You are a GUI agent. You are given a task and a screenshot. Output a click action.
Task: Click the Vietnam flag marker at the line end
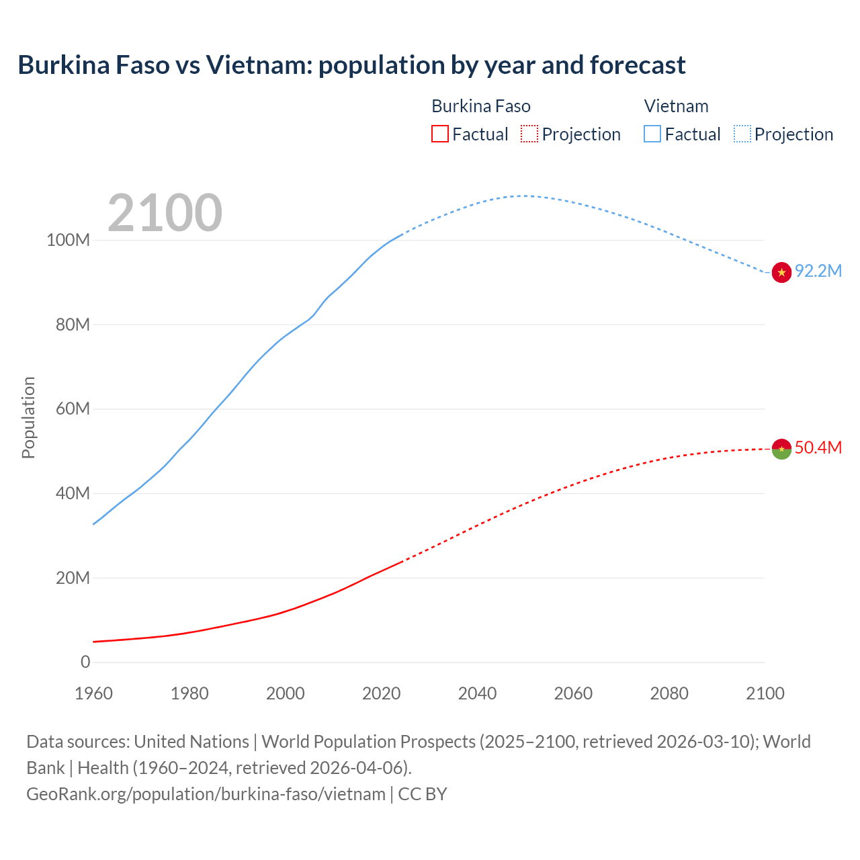pyautogui.click(x=781, y=272)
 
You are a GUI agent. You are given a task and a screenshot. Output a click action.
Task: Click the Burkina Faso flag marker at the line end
pyautogui.click(x=781, y=449)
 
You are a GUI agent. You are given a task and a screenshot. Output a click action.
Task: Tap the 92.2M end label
pyautogui.click(x=818, y=271)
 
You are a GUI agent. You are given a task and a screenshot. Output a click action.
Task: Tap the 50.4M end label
pyautogui.click(x=818, y=447)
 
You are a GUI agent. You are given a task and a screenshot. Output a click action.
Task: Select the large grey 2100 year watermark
pyautogui.click(x=165, y=212)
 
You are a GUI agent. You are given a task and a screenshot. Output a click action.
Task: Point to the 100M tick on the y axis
pyautogui.click(x=68, y=241)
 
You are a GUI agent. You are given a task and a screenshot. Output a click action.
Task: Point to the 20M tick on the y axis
pyautogui.click(x=73, y=578)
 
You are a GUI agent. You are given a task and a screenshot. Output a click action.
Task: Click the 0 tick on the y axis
pyautogui.click(x=85, y=662)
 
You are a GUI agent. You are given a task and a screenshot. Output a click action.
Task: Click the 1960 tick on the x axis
pyautogui.click(x=93, y=693)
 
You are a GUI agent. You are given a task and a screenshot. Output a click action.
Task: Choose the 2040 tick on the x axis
pyautogui.click(x=477, y=693)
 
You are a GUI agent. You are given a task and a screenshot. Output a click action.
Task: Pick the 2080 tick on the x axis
pyautogui.click(x=669, y=693)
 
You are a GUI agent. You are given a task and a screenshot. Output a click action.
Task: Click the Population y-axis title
pyautogui.click(x=28, y=417)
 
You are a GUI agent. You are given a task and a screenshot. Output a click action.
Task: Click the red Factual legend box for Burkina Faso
pyautogui.click(x=440, y=134)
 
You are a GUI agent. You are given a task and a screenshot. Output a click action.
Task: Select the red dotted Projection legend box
pyautogui.click(x=529, y=134)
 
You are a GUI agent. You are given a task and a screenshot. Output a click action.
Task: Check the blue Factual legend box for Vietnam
pyautogui.click(x=652, y=134)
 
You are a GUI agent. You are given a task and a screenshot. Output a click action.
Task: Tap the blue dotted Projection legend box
pyautogui.click(x=742, y=134)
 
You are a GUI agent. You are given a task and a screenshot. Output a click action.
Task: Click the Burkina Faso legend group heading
pyautogui.click(x=481, y=106)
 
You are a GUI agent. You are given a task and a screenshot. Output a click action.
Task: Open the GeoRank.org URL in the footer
pyautogui.click(x=206, y=794)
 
